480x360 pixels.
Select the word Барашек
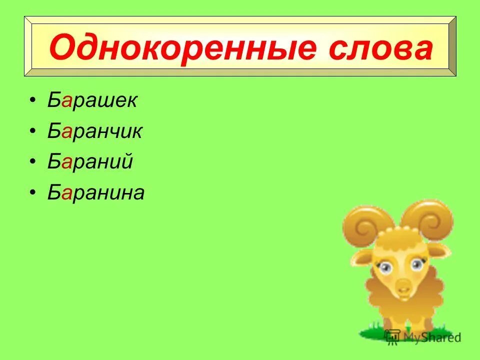coord(92,101)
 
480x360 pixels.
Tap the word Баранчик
coord(95,131)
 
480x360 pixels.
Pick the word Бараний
coord(90,162)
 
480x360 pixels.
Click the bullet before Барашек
coord(32,101)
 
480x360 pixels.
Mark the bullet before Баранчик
coord(32,132)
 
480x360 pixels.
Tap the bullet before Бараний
coord(32,162)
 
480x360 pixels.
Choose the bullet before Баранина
coord(32,193)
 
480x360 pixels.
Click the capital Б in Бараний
coord(54,162)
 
